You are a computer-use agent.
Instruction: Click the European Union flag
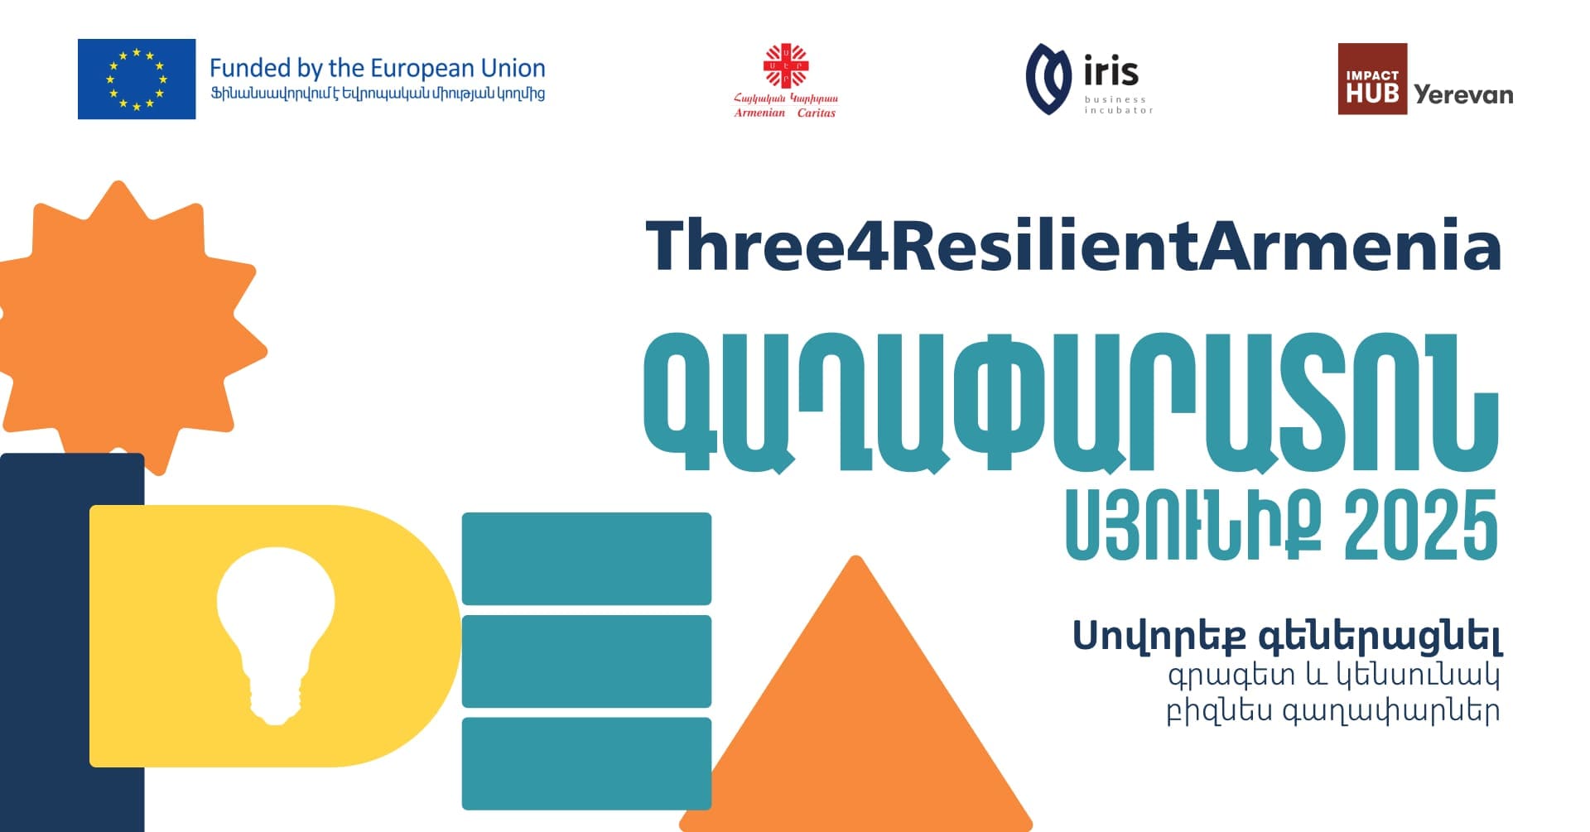(x=137, y=79)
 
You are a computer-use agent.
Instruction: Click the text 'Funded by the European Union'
(x=378, y=68)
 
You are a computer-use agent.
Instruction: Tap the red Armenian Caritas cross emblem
(x=785, y=66)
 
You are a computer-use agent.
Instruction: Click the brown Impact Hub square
(x=1372, y=79)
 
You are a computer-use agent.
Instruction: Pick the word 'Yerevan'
(x=1463, y=94)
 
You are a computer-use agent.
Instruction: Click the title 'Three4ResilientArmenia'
(x=1073, y=245)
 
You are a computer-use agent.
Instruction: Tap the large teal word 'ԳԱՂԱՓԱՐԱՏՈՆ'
(x=1072, y=403)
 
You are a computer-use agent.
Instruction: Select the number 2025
(x=1421, y=524)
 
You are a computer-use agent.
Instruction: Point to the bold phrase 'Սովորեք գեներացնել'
(x=1287, y=637)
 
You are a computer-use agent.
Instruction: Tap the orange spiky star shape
(x=128, y=327)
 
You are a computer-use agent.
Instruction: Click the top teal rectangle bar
(x=586, y=559)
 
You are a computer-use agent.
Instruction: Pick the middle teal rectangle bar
(x=586, y=661)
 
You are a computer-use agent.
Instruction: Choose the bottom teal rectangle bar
(x=586, y=763)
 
